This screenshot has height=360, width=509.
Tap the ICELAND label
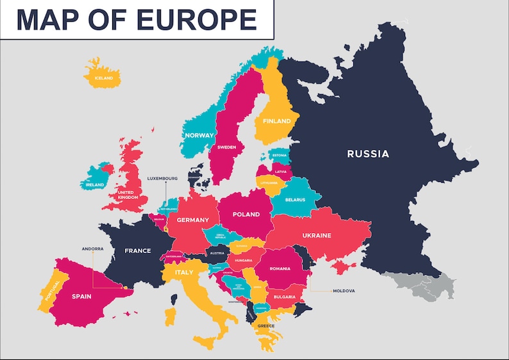coord(103,78)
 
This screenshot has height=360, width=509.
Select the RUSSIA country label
coord(367,154)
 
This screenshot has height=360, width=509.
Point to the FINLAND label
coord(276,121)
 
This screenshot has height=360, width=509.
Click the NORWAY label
coord(199,135)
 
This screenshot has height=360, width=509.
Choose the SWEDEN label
coord(227,147)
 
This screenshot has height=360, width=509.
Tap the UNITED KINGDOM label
coord(126,195)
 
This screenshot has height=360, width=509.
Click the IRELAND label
coord(95,184)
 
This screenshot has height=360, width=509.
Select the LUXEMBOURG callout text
coord(162,178)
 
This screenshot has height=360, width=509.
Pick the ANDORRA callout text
coord(92,249)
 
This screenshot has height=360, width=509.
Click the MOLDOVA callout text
coord(344,291)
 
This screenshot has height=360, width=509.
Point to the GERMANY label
coord(193,220)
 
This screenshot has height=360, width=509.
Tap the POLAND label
coord(246,215)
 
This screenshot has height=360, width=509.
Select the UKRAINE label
coord(317,235)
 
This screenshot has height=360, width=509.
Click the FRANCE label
coord(138,250)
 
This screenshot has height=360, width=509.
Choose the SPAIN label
coord(81,296)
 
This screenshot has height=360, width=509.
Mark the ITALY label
coord(184,272)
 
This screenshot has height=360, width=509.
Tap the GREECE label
coord(266,325)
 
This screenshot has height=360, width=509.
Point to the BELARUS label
coord(294,199)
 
